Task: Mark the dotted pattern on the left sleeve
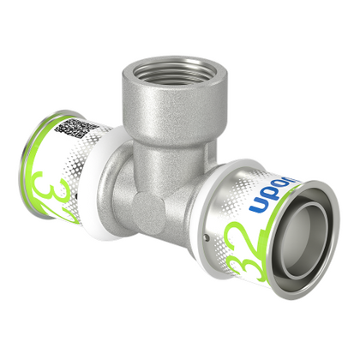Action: click(x=94, y=171)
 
